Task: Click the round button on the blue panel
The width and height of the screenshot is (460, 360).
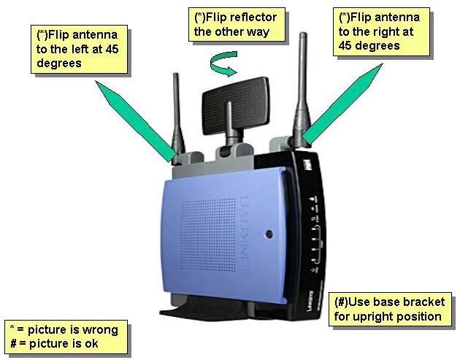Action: pyautogui.click(x=269, y=234)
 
